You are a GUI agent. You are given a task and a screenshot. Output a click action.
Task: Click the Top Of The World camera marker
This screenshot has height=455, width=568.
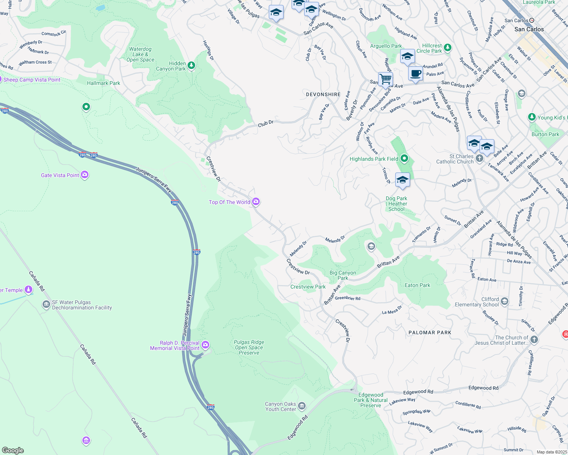point(256,202)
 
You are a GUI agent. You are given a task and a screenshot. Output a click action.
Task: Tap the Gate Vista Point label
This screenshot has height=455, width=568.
point(60,175)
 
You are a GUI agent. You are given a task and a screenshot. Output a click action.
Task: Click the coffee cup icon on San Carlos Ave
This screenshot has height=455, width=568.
point(415,73)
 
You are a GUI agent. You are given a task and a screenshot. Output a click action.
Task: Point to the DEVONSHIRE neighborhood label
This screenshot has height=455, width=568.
point(323,94)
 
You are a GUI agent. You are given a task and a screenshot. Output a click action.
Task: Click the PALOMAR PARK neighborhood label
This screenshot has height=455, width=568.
point(430,333)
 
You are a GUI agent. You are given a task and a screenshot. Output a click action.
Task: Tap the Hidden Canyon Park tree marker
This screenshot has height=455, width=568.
point(191,66)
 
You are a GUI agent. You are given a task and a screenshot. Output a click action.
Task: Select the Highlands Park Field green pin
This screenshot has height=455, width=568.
point(404,158)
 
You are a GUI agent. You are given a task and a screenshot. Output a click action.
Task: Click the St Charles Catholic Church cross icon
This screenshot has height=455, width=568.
point(480,158)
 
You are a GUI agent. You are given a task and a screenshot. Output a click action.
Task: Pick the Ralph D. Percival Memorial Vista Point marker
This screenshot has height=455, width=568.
point(205,345)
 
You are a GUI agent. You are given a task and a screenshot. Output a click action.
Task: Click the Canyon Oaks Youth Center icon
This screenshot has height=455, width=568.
point(302,406)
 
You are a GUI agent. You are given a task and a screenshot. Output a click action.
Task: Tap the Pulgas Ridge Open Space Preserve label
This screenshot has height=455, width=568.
point(249,347)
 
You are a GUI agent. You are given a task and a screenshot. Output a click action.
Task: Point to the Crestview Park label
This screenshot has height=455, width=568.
point(308,287)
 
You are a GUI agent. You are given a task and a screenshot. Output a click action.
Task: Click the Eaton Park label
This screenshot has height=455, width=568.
point(417,285)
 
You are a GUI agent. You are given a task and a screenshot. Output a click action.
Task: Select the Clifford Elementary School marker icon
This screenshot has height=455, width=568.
point(505,301)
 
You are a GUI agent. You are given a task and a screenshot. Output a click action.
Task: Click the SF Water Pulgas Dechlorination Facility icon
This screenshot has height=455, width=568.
point(46,304)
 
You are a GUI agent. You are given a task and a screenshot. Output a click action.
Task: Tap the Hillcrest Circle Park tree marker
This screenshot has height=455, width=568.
point(448,47)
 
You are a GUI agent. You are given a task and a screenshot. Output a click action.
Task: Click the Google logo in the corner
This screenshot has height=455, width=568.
point(13,450)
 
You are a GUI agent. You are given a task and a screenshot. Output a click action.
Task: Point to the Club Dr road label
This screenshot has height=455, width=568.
point(266,123)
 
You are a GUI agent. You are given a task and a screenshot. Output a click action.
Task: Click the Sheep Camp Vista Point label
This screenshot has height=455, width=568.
point(32,80)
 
